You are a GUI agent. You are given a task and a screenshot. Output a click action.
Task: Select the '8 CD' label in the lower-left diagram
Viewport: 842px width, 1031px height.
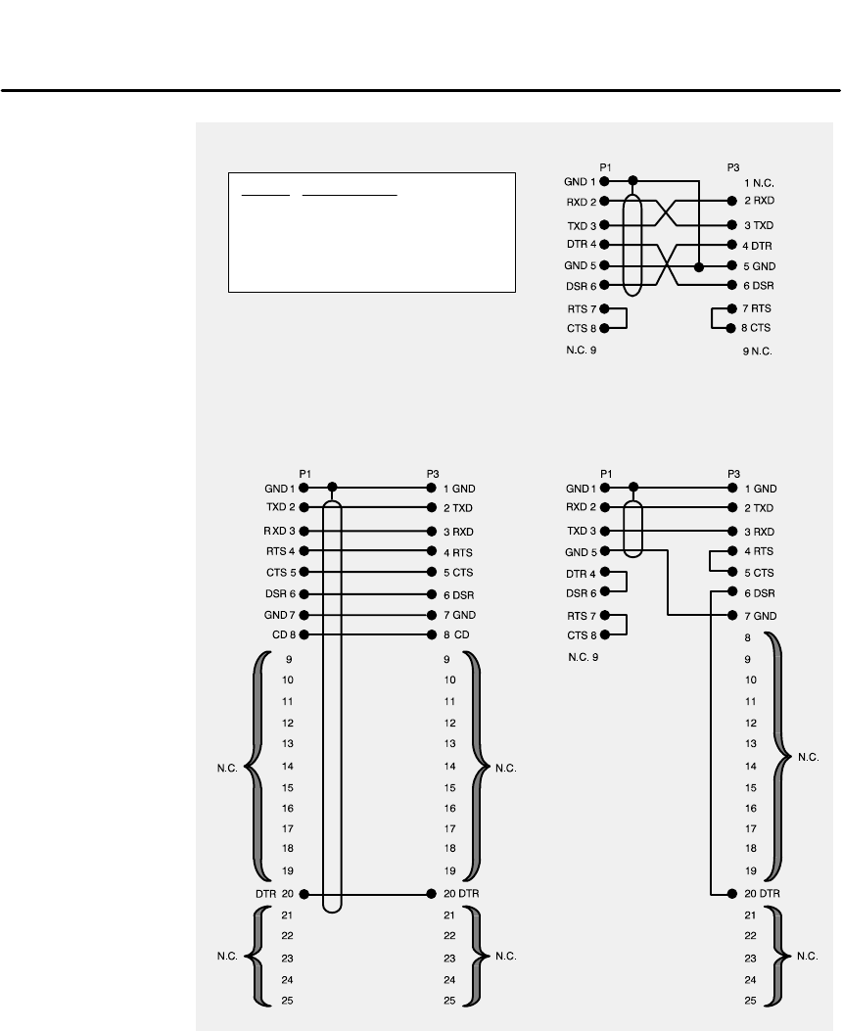pos(458,634)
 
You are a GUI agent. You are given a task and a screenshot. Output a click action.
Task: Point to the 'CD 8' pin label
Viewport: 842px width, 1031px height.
pos(283,634)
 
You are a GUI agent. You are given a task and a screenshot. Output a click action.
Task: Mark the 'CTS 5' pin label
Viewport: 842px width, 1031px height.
pos(280,572)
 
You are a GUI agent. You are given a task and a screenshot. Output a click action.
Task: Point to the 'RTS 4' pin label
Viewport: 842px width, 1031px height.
pos(280,551)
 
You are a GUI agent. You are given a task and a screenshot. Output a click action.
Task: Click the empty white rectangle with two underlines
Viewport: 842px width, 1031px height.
pos(372,232)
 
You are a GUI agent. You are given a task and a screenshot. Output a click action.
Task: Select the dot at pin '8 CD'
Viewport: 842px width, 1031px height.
pos(432,634)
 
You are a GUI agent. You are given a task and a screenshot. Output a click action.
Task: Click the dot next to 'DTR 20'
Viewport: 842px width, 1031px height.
pos(304,894)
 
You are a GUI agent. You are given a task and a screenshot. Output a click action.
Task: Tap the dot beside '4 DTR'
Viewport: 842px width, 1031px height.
pos(732,244)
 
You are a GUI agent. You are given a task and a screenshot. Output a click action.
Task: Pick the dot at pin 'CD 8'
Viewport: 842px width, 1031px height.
pos(304,634)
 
